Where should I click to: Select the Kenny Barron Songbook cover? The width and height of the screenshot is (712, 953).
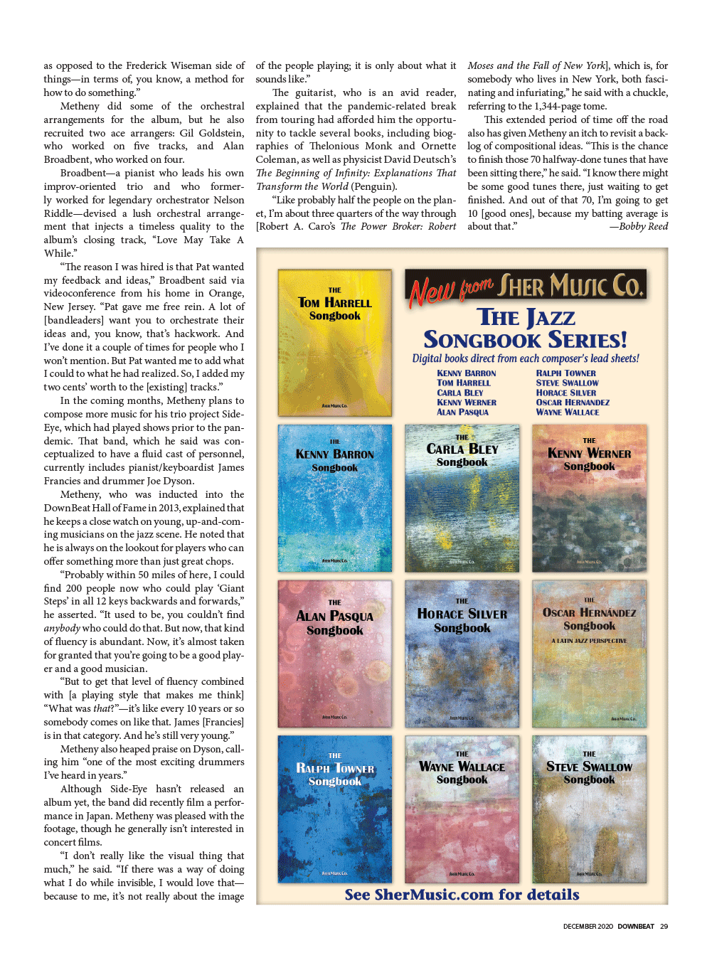tap(334, 498)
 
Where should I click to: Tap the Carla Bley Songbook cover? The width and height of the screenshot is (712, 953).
tap(462, 498)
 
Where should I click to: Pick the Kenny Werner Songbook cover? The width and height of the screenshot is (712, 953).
tap(589, 498)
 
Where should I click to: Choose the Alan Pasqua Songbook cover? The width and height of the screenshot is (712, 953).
tap(334, 653)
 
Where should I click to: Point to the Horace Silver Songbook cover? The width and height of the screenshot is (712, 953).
tap(462, 653)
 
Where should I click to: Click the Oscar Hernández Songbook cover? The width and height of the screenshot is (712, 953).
tap(589, 653)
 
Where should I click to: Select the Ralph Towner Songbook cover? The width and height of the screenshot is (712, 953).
tap(334, 809)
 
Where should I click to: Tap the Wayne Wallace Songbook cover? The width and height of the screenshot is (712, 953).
tap(462, 809)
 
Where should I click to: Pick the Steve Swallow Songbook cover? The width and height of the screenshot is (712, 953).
tap(589, 809)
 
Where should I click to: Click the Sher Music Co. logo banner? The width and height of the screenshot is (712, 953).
tap(526, 287)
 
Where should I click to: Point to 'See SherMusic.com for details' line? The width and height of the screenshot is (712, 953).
tap(462, 895)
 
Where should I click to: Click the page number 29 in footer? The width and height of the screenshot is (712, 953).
tap(664, 927)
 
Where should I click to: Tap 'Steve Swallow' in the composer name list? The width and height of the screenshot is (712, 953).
tap(567, 383)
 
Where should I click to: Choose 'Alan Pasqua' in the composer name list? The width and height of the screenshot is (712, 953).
tap(462, 412)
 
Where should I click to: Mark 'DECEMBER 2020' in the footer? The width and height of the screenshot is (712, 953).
tap(588, 927)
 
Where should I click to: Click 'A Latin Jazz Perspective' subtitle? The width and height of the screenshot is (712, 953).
tap(589, 641)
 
